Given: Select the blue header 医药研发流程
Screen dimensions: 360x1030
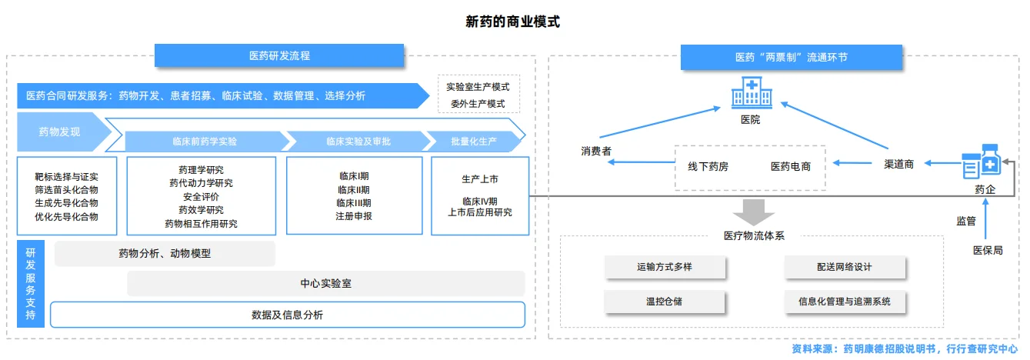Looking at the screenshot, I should coord(279,56).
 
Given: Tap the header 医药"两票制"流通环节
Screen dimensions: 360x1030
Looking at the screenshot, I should coord(791,58).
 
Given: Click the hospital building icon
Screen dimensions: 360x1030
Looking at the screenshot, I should coord(750,94).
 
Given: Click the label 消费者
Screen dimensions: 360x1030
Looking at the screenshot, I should coord(596,152).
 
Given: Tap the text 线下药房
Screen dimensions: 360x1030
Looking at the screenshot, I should coord(708,166).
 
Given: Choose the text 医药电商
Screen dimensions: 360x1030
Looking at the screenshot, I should coord(791,166).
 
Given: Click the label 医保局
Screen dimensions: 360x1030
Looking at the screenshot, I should coord(988,250).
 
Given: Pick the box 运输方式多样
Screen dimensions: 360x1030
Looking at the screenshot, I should coord(664,267).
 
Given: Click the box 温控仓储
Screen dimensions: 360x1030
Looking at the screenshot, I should coord(664,301).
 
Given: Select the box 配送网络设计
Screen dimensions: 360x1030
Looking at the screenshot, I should coord(845,267).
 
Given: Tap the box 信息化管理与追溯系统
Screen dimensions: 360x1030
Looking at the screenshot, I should coord(845,302).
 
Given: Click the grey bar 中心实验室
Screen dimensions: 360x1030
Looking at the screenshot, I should coord(325,284).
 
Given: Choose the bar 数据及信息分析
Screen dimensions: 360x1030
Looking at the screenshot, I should coord(287,315).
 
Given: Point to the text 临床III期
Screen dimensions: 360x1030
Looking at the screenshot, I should coord(353,203).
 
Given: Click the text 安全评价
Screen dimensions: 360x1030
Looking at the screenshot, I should coord(201,196).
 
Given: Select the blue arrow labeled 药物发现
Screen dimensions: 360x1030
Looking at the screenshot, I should coord(60,132).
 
